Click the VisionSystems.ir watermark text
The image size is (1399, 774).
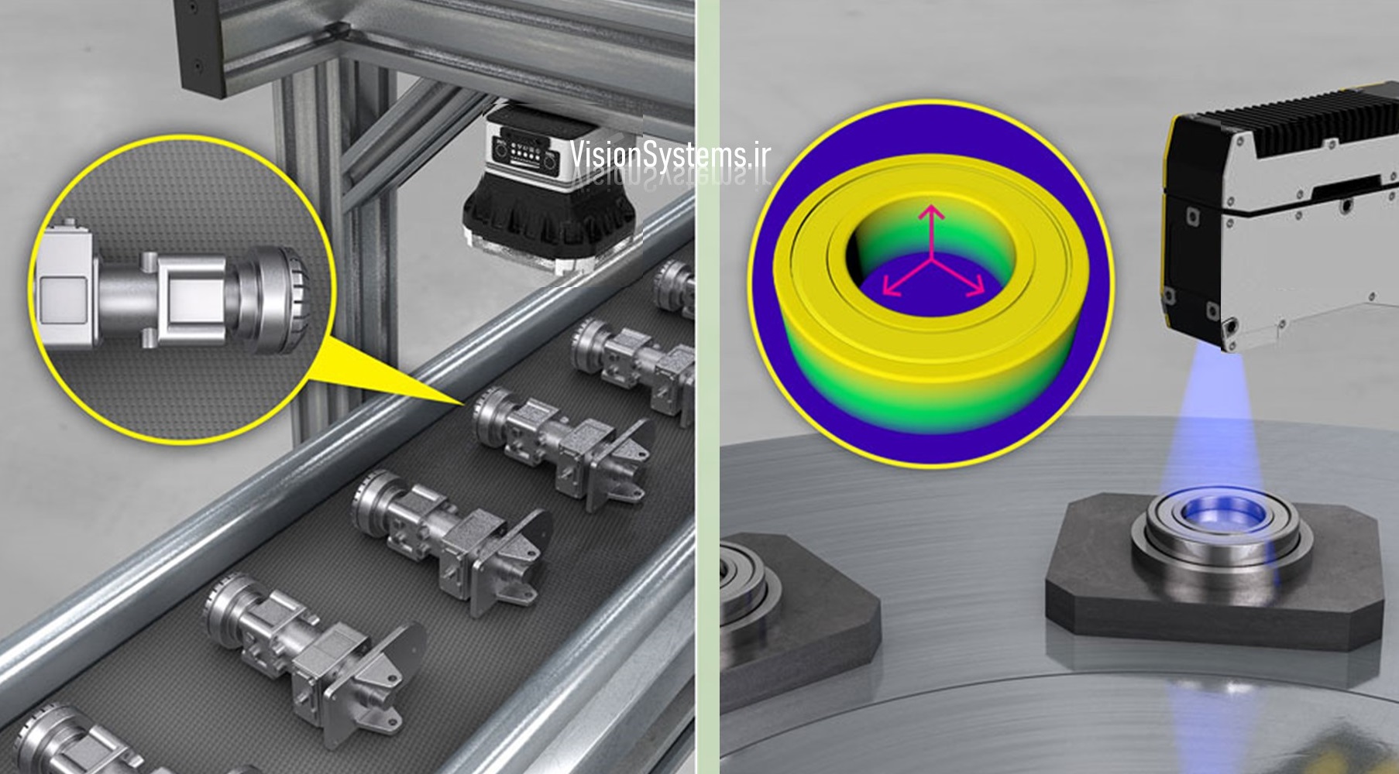[x=669, y=155]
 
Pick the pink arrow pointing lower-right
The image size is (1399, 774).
[x=957, y=278]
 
